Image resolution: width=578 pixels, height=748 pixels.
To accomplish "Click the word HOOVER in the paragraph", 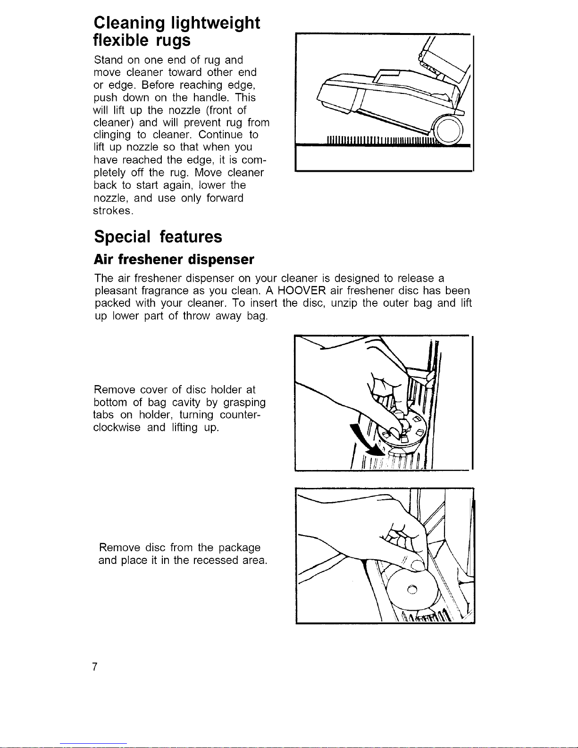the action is point(302,291).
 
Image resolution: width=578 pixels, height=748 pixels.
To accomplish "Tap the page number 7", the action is point(95,666).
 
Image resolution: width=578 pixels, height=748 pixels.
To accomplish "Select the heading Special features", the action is point(158,236).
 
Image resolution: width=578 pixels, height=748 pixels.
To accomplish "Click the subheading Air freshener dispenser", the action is point(174,260).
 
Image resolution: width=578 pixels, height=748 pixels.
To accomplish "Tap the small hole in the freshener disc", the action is point(412,589).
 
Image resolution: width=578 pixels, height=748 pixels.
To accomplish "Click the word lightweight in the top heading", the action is point(215,24).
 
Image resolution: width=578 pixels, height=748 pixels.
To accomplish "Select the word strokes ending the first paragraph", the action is point(113,210).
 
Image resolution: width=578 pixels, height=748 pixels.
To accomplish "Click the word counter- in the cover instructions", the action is point(240,415).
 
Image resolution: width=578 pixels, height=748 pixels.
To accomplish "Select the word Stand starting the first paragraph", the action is point(109,60).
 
